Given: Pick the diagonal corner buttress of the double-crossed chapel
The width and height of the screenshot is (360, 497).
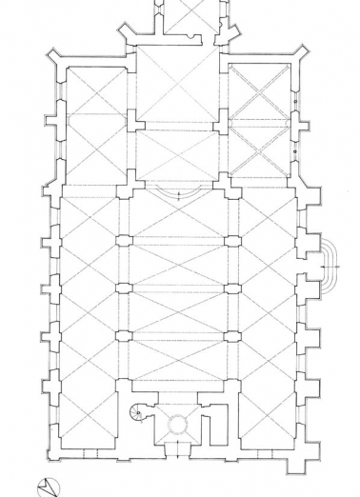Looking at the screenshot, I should click(301, 52).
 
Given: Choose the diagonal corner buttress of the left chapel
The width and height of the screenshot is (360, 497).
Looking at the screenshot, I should click(55, 53).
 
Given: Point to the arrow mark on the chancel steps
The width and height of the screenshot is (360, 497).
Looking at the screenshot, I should click(178, 195).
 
